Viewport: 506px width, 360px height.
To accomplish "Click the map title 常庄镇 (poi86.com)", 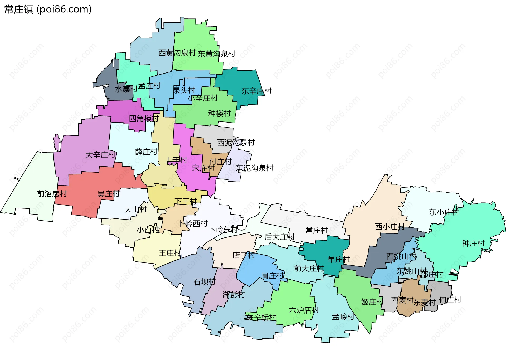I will (x=48, y=9).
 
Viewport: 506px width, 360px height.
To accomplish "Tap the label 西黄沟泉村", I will (x=177, y=53).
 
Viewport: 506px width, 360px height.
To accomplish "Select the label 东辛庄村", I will (x=256, y=91).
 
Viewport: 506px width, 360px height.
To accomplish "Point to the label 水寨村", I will (x=126, y=89).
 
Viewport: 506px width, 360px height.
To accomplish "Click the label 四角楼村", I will (x=144, y=119).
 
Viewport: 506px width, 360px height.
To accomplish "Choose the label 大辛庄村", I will (x=100, y=155).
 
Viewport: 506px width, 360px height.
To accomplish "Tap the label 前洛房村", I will (x=52, y=194).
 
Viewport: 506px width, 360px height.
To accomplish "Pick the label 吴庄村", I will (x=108, y=194).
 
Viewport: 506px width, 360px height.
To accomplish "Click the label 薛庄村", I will (x=146, y=152).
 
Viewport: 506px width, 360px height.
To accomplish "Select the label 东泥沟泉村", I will (x=255, y=168).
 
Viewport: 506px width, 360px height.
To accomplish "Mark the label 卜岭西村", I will (x=193, y=224).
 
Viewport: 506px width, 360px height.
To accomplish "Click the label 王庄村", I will (x=170, y=253).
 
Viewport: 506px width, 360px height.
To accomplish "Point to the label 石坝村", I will (x=204, y=282).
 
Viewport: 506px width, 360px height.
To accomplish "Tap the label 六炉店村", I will (x=304, y=310).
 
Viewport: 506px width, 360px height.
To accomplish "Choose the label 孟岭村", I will (x=343, y=317).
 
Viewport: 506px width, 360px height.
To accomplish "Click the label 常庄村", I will (x=317, y=231).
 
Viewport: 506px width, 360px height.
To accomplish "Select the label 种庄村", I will (x=473, y=243).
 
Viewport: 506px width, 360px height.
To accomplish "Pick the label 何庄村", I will (x=450, y=300).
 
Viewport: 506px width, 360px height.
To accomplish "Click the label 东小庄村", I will (x=444, y=212).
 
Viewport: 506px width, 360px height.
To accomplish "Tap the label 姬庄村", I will (x=372, y=302).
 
